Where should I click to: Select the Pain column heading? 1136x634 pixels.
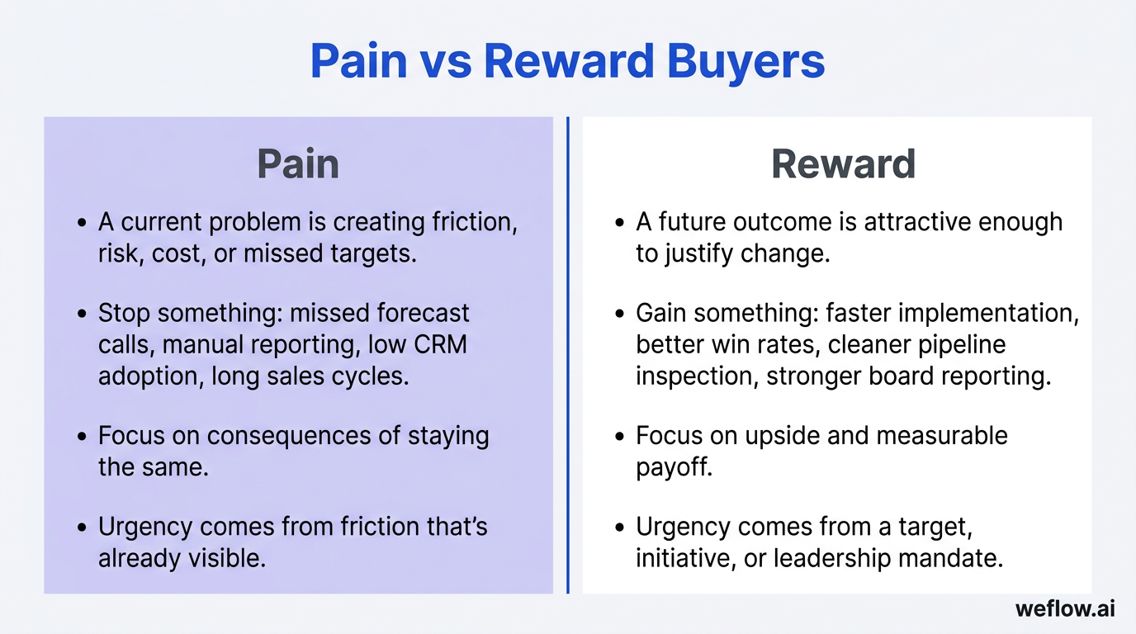click(x=298, y=163)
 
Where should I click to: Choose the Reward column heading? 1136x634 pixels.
click(x=843, y=163)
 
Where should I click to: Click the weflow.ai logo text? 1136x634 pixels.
click(x=1065, y=609)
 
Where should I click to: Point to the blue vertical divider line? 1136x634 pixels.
click(x=568, y=355)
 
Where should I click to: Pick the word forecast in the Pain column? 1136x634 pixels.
click(x=422, y=313)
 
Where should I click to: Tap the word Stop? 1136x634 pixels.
click(x=124, y=313)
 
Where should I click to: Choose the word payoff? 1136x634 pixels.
click(x=674, y=467)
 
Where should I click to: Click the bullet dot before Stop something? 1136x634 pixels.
click(x=81, y=315)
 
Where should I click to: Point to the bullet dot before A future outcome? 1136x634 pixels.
click(x=619, y=223)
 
